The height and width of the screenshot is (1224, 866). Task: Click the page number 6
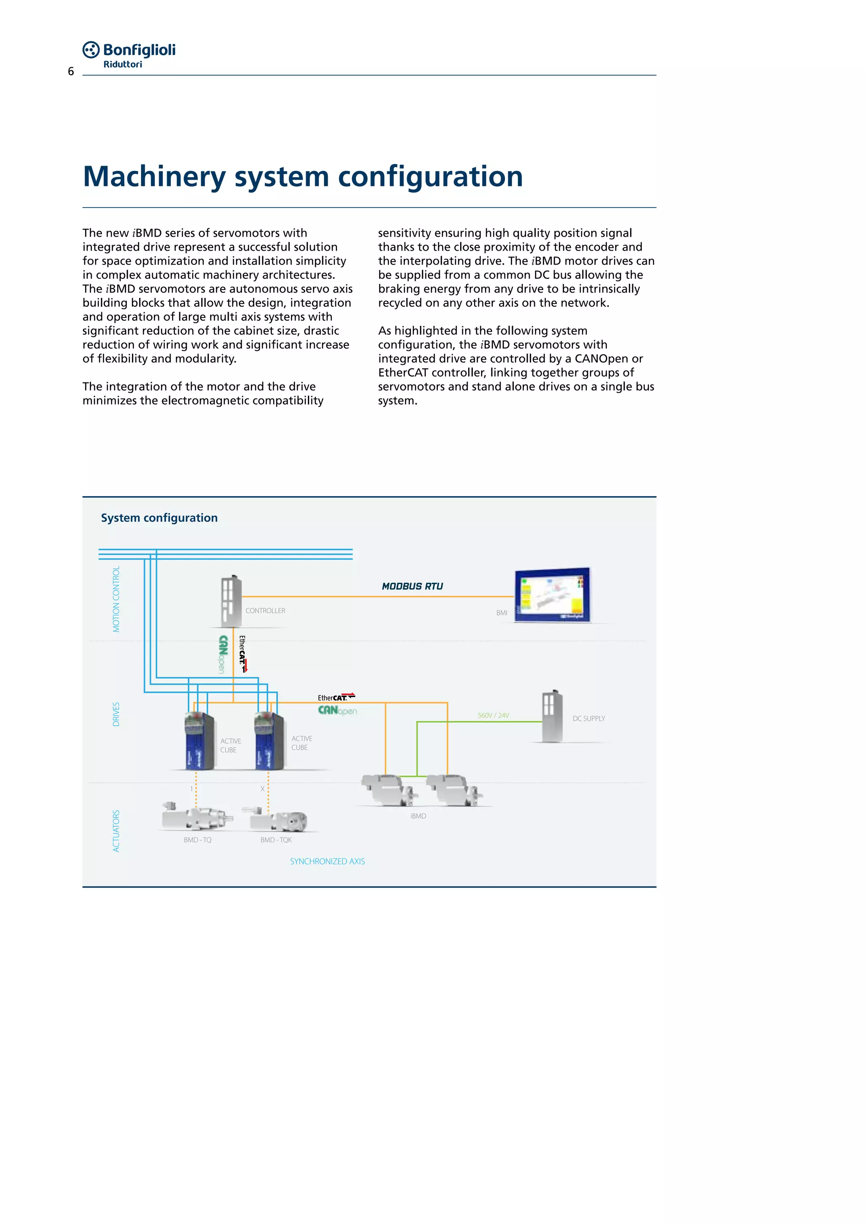[x=71, y=72]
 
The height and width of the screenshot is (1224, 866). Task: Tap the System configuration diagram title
[x=159, y=518]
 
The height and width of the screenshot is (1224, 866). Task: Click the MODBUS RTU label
[x=412, y=586]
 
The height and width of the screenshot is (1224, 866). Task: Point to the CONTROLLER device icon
[x=231, y=601]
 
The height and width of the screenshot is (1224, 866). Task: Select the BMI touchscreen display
[x=552, y=595]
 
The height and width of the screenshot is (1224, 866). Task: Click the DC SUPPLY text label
[x=589, y=719]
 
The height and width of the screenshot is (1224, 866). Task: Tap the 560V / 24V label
[x=493, y=716]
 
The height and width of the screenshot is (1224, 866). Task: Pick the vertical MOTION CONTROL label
[x=116, y=599]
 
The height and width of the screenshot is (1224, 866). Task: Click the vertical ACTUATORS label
[x=116, y=831]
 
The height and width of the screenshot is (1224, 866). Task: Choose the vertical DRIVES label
[x=116, y=714]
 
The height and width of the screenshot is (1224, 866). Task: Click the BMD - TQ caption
[x=197, y=840]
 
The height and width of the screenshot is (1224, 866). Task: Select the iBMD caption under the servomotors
[x=418, y=816]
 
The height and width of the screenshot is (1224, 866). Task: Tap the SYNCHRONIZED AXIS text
[x=327, y=861]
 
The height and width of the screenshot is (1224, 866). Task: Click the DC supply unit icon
[x=552, y=716]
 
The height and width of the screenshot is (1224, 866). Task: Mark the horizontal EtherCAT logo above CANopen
[x=336, y=697]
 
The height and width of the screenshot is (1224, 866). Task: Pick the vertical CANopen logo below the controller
[x=223, y=655]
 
